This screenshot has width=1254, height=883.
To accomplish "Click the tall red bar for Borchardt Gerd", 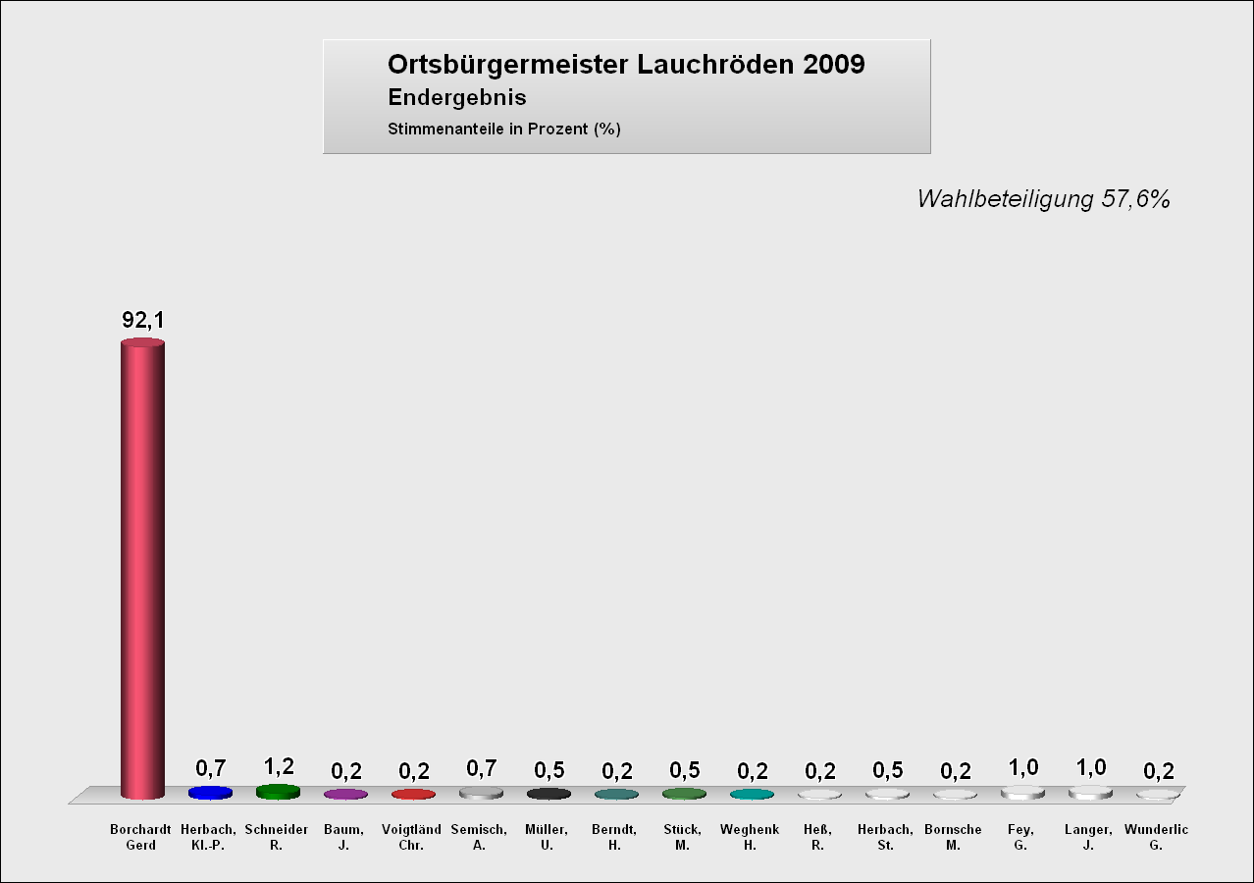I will pyautogui.click(x=142, y=569).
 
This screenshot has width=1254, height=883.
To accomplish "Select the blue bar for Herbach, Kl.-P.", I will pyautogui.click(x=210, y=793).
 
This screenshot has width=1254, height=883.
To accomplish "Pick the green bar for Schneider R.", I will pyautogui.click(x=278, y=792).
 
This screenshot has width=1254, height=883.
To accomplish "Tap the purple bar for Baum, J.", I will pyautogui.click(x=345, y=794).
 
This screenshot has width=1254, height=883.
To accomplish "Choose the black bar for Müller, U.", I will pyautogui.click(x=549, y=793).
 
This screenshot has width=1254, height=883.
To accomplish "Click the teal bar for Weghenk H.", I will pyautogui.click(x=752, y=794).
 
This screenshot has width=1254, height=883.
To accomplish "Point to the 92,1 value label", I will pyautogui.click(x=142, y=321).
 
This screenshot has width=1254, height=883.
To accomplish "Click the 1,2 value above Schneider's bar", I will pyautogui.click(x=279, y=766).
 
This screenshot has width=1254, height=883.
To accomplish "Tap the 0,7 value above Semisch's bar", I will pyautogui.click(x=482, y=768).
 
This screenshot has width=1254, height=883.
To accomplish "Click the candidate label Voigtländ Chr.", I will pyautogui.click(x=411, y=837).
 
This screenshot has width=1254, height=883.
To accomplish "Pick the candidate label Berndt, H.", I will pyautogui.click(x=614, y=837).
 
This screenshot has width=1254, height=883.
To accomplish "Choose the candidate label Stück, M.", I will pyautogui.click(x=682, y=837).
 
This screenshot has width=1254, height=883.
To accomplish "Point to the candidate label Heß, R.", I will pyautogui.click(x=817, y=837).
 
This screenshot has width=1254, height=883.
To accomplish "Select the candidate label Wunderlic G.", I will pyautogui.click(x=1156, y=837).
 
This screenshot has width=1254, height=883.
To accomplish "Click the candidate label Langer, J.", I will pyautogui.click(x=1088, y=837).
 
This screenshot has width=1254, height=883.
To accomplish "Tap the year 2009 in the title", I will pyautogui.click(x=833, y=65).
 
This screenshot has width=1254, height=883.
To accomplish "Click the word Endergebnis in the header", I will pyautogui.click(x=457, y=98).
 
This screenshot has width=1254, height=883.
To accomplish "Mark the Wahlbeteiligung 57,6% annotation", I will pyautogui.click(x=1043, y=199).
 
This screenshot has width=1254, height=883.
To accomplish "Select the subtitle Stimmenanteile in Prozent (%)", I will pyautogui.click(x=504, y=129).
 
